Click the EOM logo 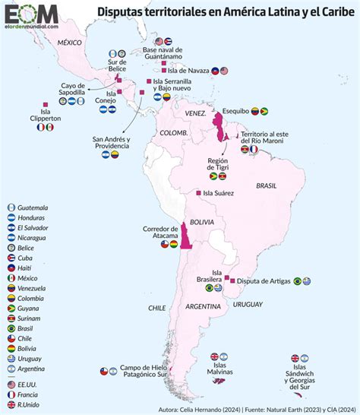[x=30, y=14]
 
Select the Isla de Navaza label [x=181, y=71]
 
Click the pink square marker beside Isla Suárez [x=199, y=193]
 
